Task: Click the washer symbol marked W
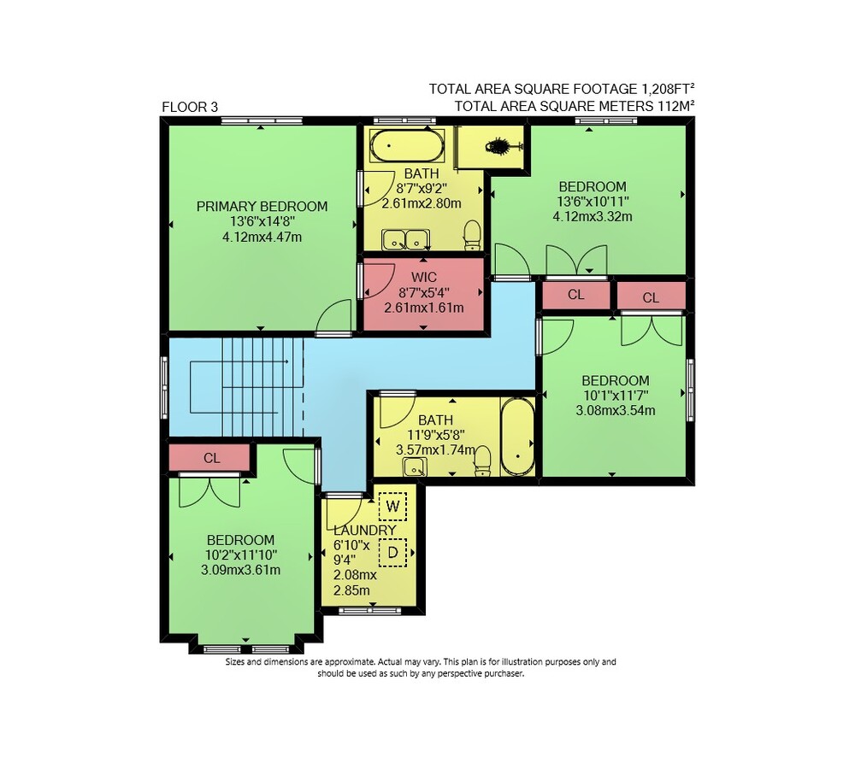click(x=392, y=506)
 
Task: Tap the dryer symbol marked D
click(x=392, y=553)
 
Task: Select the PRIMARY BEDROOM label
click(x=262, y=207)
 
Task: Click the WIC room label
click(x=424, y=278)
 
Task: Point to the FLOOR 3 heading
click(x=190, y=107)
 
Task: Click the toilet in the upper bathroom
click(x=471, y=235)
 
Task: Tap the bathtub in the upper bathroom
click(x=407, y=145)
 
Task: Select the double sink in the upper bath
click(x=405, y=240)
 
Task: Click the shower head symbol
click(x=499, y=147)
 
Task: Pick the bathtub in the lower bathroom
click(x=517, y=437)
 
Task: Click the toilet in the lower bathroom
click(x=482, y=461)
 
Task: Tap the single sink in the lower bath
click(x=415, y=467)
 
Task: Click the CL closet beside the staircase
click(x=211, y=458)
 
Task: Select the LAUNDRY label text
click(x=365, y=531)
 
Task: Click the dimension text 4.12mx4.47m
click(x=262, y=237)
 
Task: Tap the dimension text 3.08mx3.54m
click(x=615, y=410)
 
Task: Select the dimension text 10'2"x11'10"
click(x=240, y=555)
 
